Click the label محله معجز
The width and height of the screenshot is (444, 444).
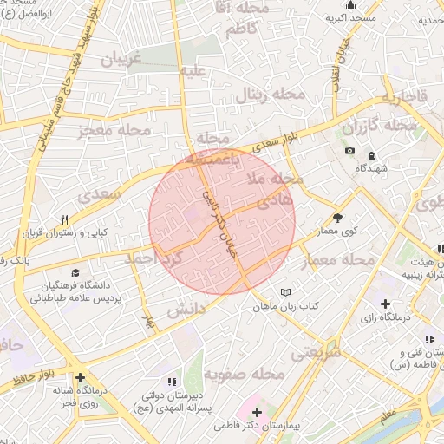[x=114, y=130]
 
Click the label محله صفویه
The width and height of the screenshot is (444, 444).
[x=246, y=375]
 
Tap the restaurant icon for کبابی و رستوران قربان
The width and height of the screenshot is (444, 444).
[x=63, y=220]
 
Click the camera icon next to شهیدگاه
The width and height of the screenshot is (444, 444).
[x=349, y=151]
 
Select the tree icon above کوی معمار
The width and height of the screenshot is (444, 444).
[x=337, y=218]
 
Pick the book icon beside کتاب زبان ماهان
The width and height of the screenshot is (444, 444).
[x=286, y=292]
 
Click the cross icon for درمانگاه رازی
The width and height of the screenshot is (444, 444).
[x=386, y=304]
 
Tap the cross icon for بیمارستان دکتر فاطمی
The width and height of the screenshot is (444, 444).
[x=257, y=410]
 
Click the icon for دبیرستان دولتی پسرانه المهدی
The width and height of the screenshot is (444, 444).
[x=171, y=381]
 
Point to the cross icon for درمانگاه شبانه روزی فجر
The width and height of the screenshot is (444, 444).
[x=80, y=378]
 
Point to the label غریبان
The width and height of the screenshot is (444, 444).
[x=121, y=61]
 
